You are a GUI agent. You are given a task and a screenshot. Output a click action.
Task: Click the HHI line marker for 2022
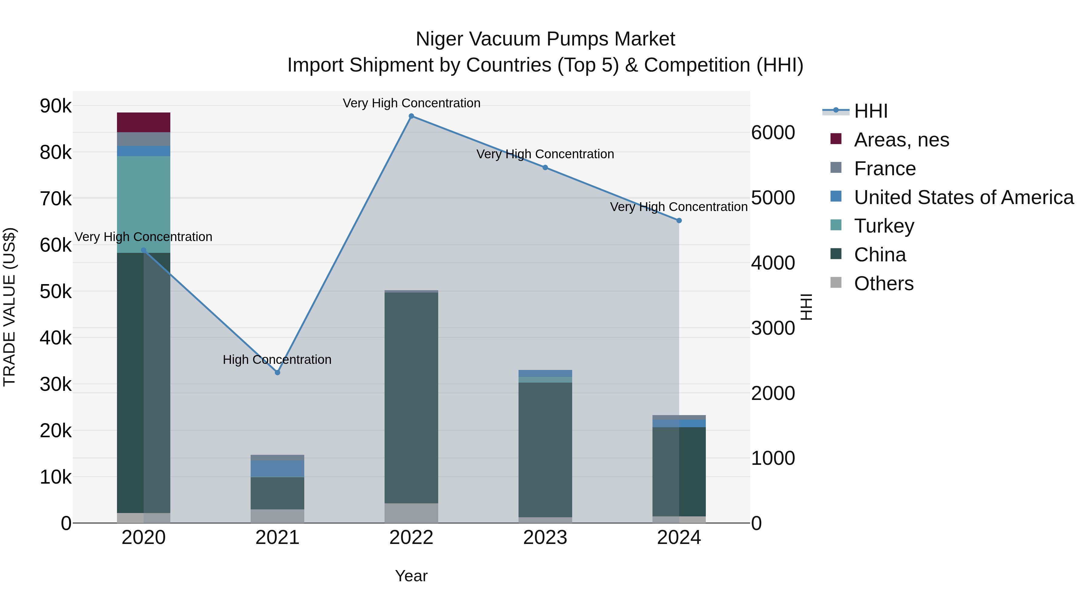(411, 116)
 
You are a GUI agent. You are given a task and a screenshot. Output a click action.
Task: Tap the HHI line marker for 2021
(277, 372)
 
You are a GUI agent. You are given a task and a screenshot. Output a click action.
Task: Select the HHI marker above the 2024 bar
(679, 220)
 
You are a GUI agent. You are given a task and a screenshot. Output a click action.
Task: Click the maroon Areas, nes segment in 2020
(144, 122)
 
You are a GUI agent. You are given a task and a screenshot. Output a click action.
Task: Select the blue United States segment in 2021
(277, 469)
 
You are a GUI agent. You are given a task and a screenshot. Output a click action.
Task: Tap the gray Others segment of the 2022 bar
(411, 513)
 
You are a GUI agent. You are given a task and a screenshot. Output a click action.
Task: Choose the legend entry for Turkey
(884, 226)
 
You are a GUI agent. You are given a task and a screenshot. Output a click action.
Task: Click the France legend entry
(885, 169)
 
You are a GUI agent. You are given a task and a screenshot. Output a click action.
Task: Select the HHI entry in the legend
(870, 111)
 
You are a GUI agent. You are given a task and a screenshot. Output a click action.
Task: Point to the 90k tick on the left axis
(56, 106)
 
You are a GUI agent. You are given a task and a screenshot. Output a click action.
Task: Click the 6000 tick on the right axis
(773, 133)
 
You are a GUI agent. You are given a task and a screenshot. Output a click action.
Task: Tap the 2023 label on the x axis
(545, 538)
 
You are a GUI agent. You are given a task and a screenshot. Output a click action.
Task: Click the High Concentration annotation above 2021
(277, 360)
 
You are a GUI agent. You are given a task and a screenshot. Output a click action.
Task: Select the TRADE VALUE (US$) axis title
(10, 307)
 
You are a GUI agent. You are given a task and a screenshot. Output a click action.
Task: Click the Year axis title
(411, 576)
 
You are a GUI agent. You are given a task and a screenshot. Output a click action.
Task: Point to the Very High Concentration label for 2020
(144, 237)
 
